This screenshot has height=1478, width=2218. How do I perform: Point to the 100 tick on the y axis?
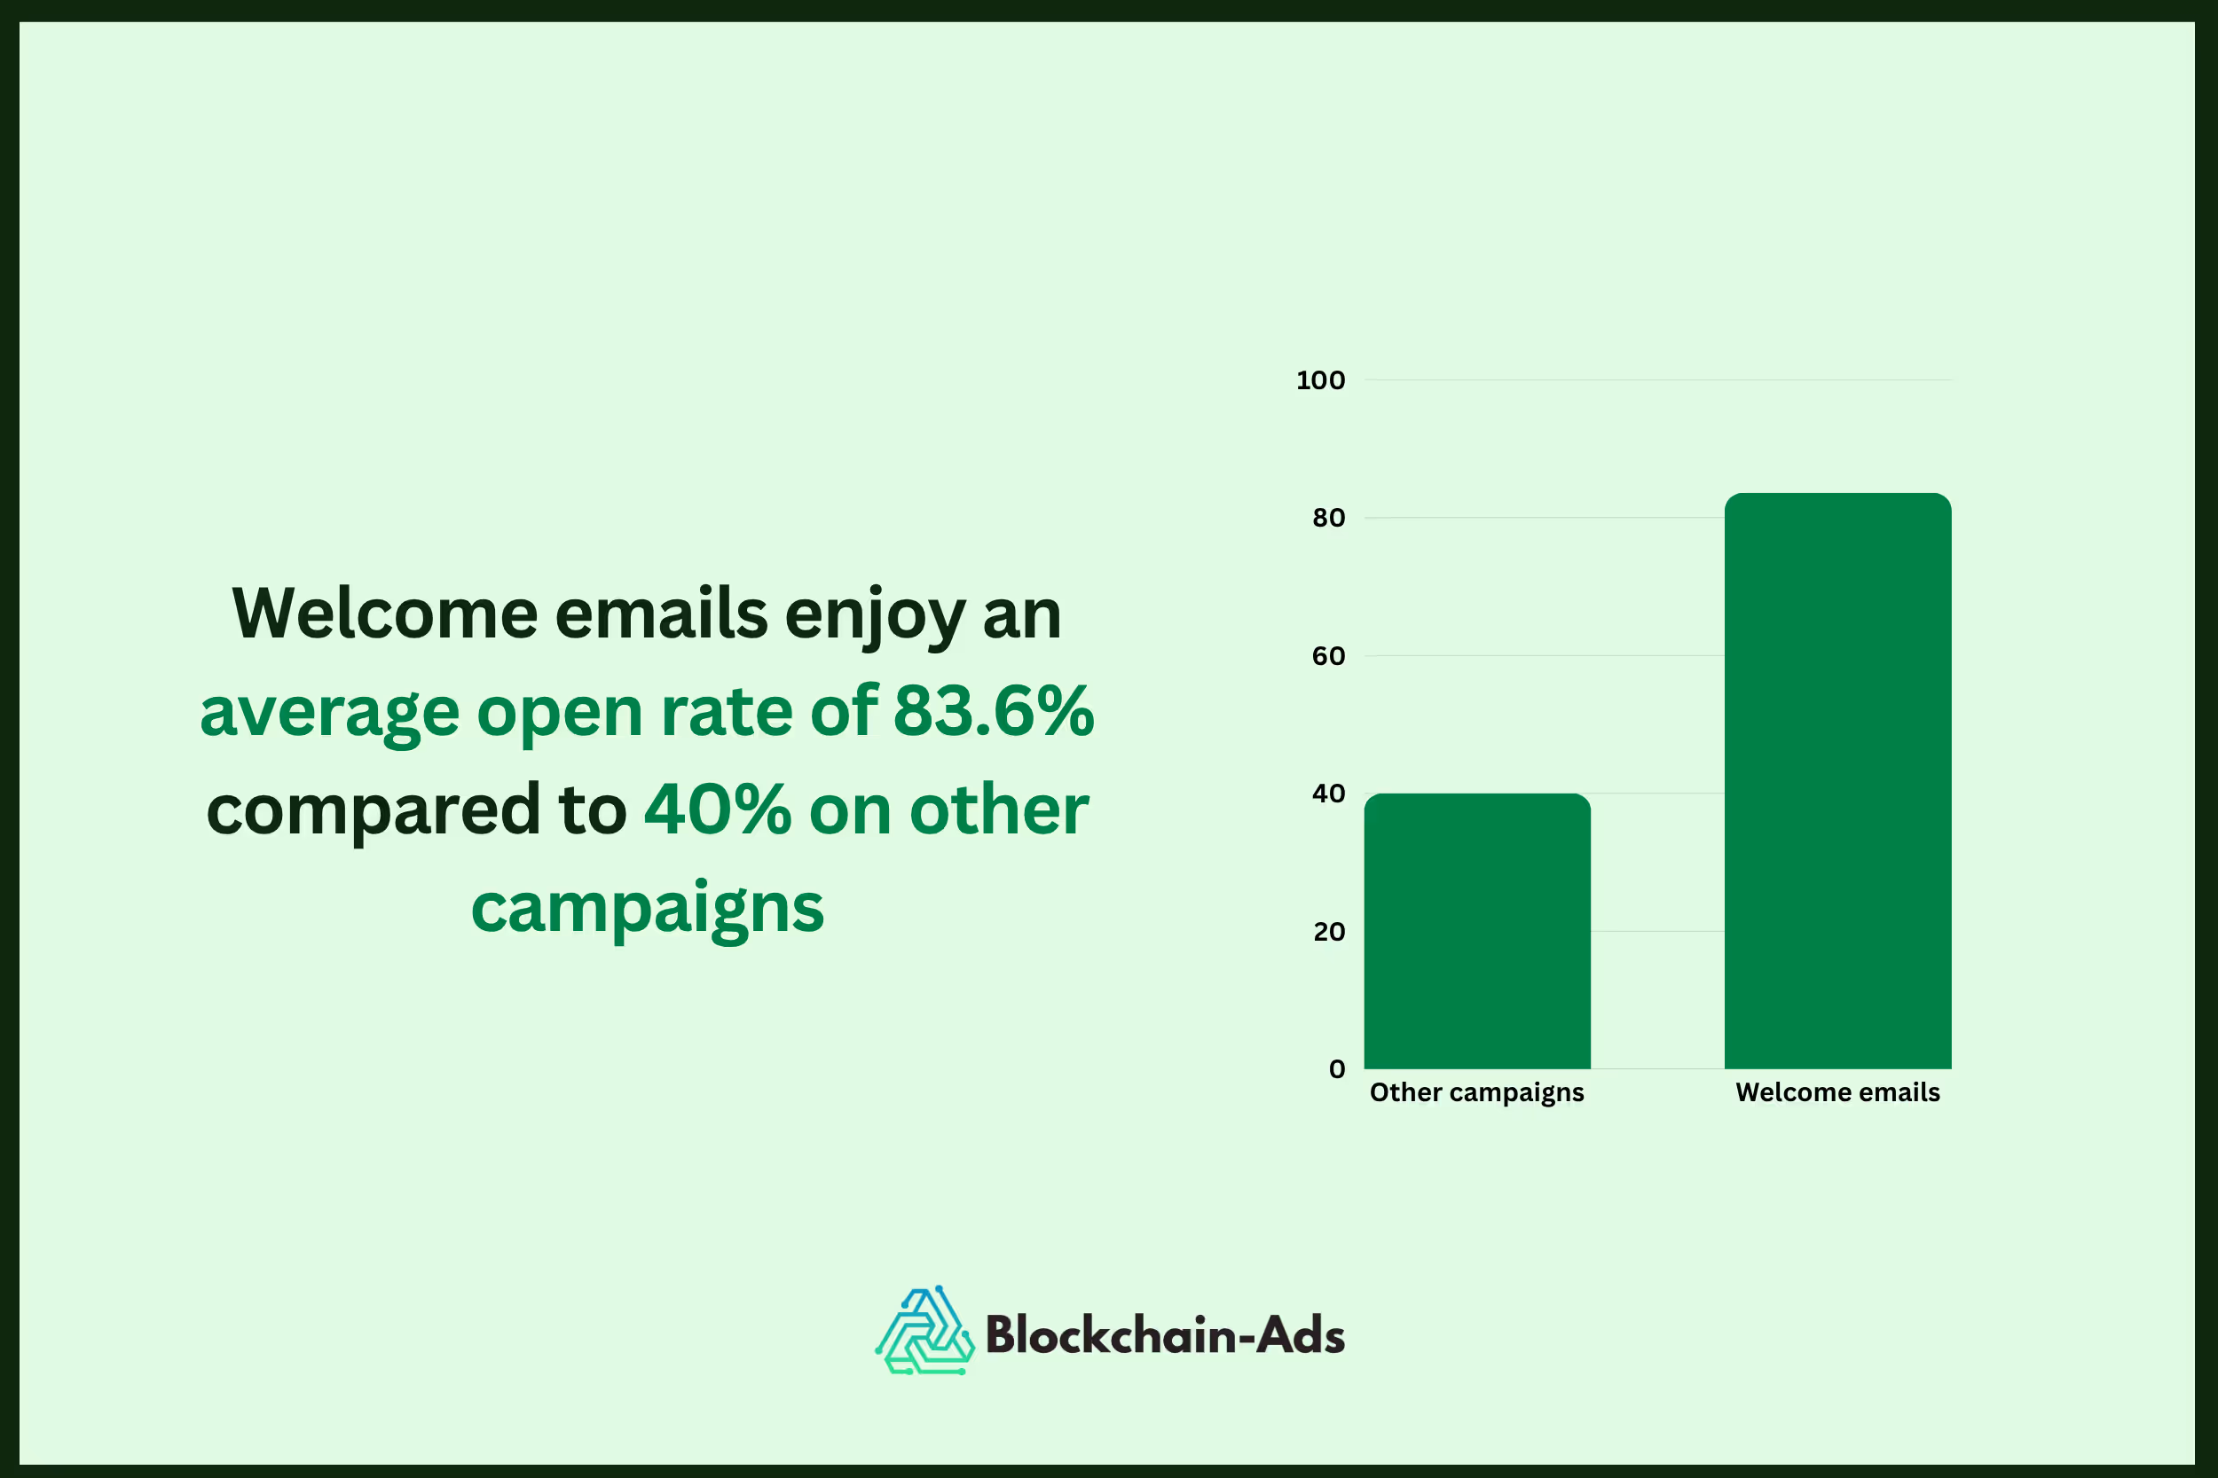(1320, 381)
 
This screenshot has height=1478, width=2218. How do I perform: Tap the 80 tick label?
(1328, 519)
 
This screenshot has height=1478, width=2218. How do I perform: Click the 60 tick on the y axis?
(1328, 656)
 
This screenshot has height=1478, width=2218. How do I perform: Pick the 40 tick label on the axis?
(1328, 794)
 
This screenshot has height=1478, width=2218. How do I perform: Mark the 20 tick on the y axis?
(1328, 932)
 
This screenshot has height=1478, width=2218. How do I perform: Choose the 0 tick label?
(1336, 1069)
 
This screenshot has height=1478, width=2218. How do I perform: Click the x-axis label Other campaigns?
(1477, 1092)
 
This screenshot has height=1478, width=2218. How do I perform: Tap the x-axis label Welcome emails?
(1837, 1092)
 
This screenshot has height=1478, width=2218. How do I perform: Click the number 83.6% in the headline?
(993, 711)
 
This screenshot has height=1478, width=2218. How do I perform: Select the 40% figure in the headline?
(717, 809)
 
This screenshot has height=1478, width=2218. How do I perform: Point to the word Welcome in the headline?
(384, 614)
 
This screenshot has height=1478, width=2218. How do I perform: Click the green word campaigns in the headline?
(647, 909)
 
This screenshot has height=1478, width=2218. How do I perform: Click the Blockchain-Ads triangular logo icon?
(924, 1332)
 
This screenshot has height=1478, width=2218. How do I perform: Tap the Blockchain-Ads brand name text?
(1164, 1334)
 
